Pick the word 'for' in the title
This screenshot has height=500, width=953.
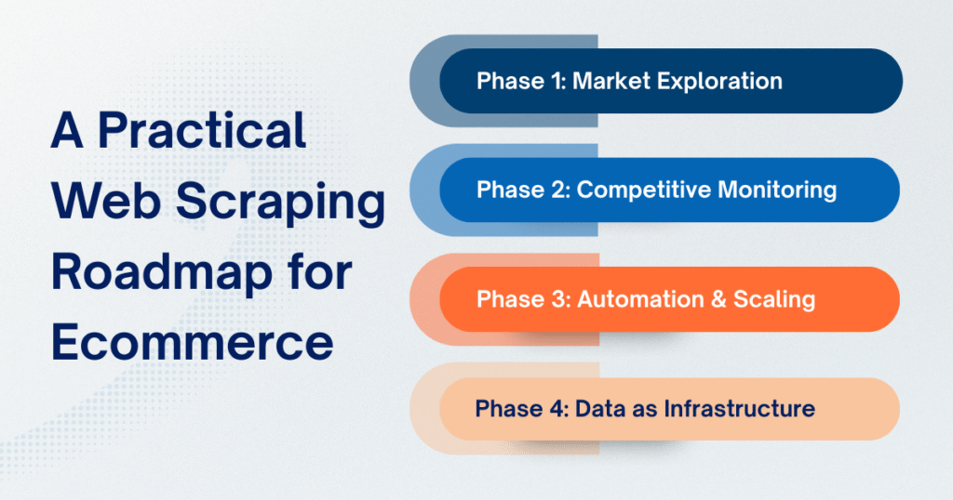(x=322, y=273)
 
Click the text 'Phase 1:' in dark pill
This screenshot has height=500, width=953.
(x=520, y=81)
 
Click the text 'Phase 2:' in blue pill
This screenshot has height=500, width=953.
(x=522, y=190)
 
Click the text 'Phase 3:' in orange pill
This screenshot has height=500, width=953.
(x=521, y=299)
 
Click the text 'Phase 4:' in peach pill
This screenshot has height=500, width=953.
(x=520, y=408)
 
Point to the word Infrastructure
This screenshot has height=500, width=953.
(x=739, y=408)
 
